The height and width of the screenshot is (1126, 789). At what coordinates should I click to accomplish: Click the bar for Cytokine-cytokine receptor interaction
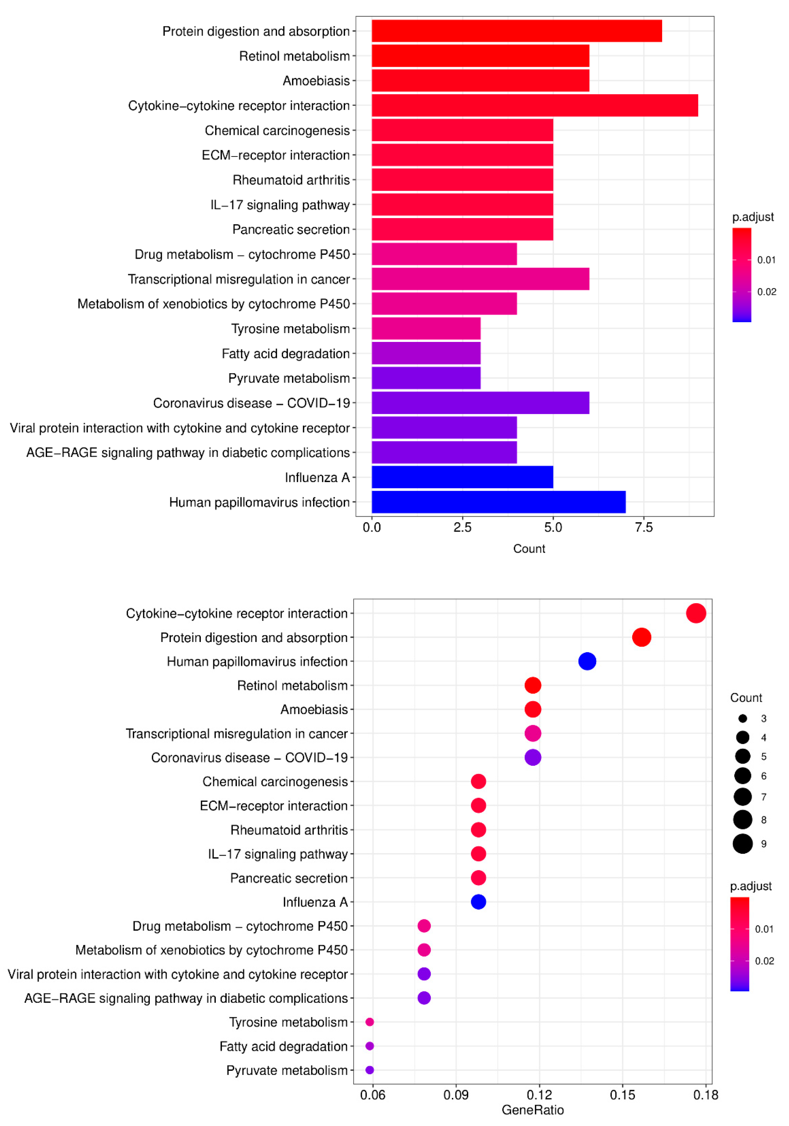[534, 106]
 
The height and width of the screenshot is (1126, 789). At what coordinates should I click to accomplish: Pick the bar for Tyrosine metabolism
[426, 329]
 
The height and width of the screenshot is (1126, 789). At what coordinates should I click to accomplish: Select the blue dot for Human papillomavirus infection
[587, 661]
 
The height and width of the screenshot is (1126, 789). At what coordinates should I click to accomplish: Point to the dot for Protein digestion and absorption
[641, 637]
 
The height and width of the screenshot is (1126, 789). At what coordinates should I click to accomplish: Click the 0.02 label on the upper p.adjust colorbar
[767, 292]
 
